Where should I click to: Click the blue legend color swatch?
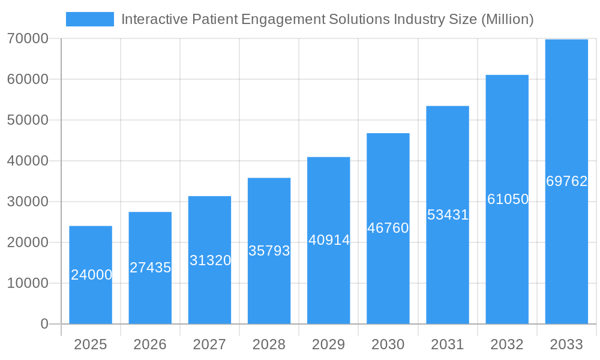coord(89,19)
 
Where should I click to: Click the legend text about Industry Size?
coord(327,19)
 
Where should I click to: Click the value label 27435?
coord(150,268)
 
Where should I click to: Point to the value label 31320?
coord(210,260)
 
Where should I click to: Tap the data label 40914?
coord(329,240)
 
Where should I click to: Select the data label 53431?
coord(448,215)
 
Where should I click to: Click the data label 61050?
coord(508,199)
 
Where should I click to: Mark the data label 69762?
coord(566,181)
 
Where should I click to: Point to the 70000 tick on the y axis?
coord(28,38)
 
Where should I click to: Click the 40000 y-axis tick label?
coord(28,161)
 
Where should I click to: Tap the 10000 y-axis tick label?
coord(28,283)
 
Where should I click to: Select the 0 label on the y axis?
coord(44,324)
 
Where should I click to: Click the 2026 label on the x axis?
coord(150,344)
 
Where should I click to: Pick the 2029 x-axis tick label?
coord(329,344)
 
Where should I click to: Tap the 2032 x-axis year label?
coord(507,344)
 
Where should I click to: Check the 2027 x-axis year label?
coord(209,344)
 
